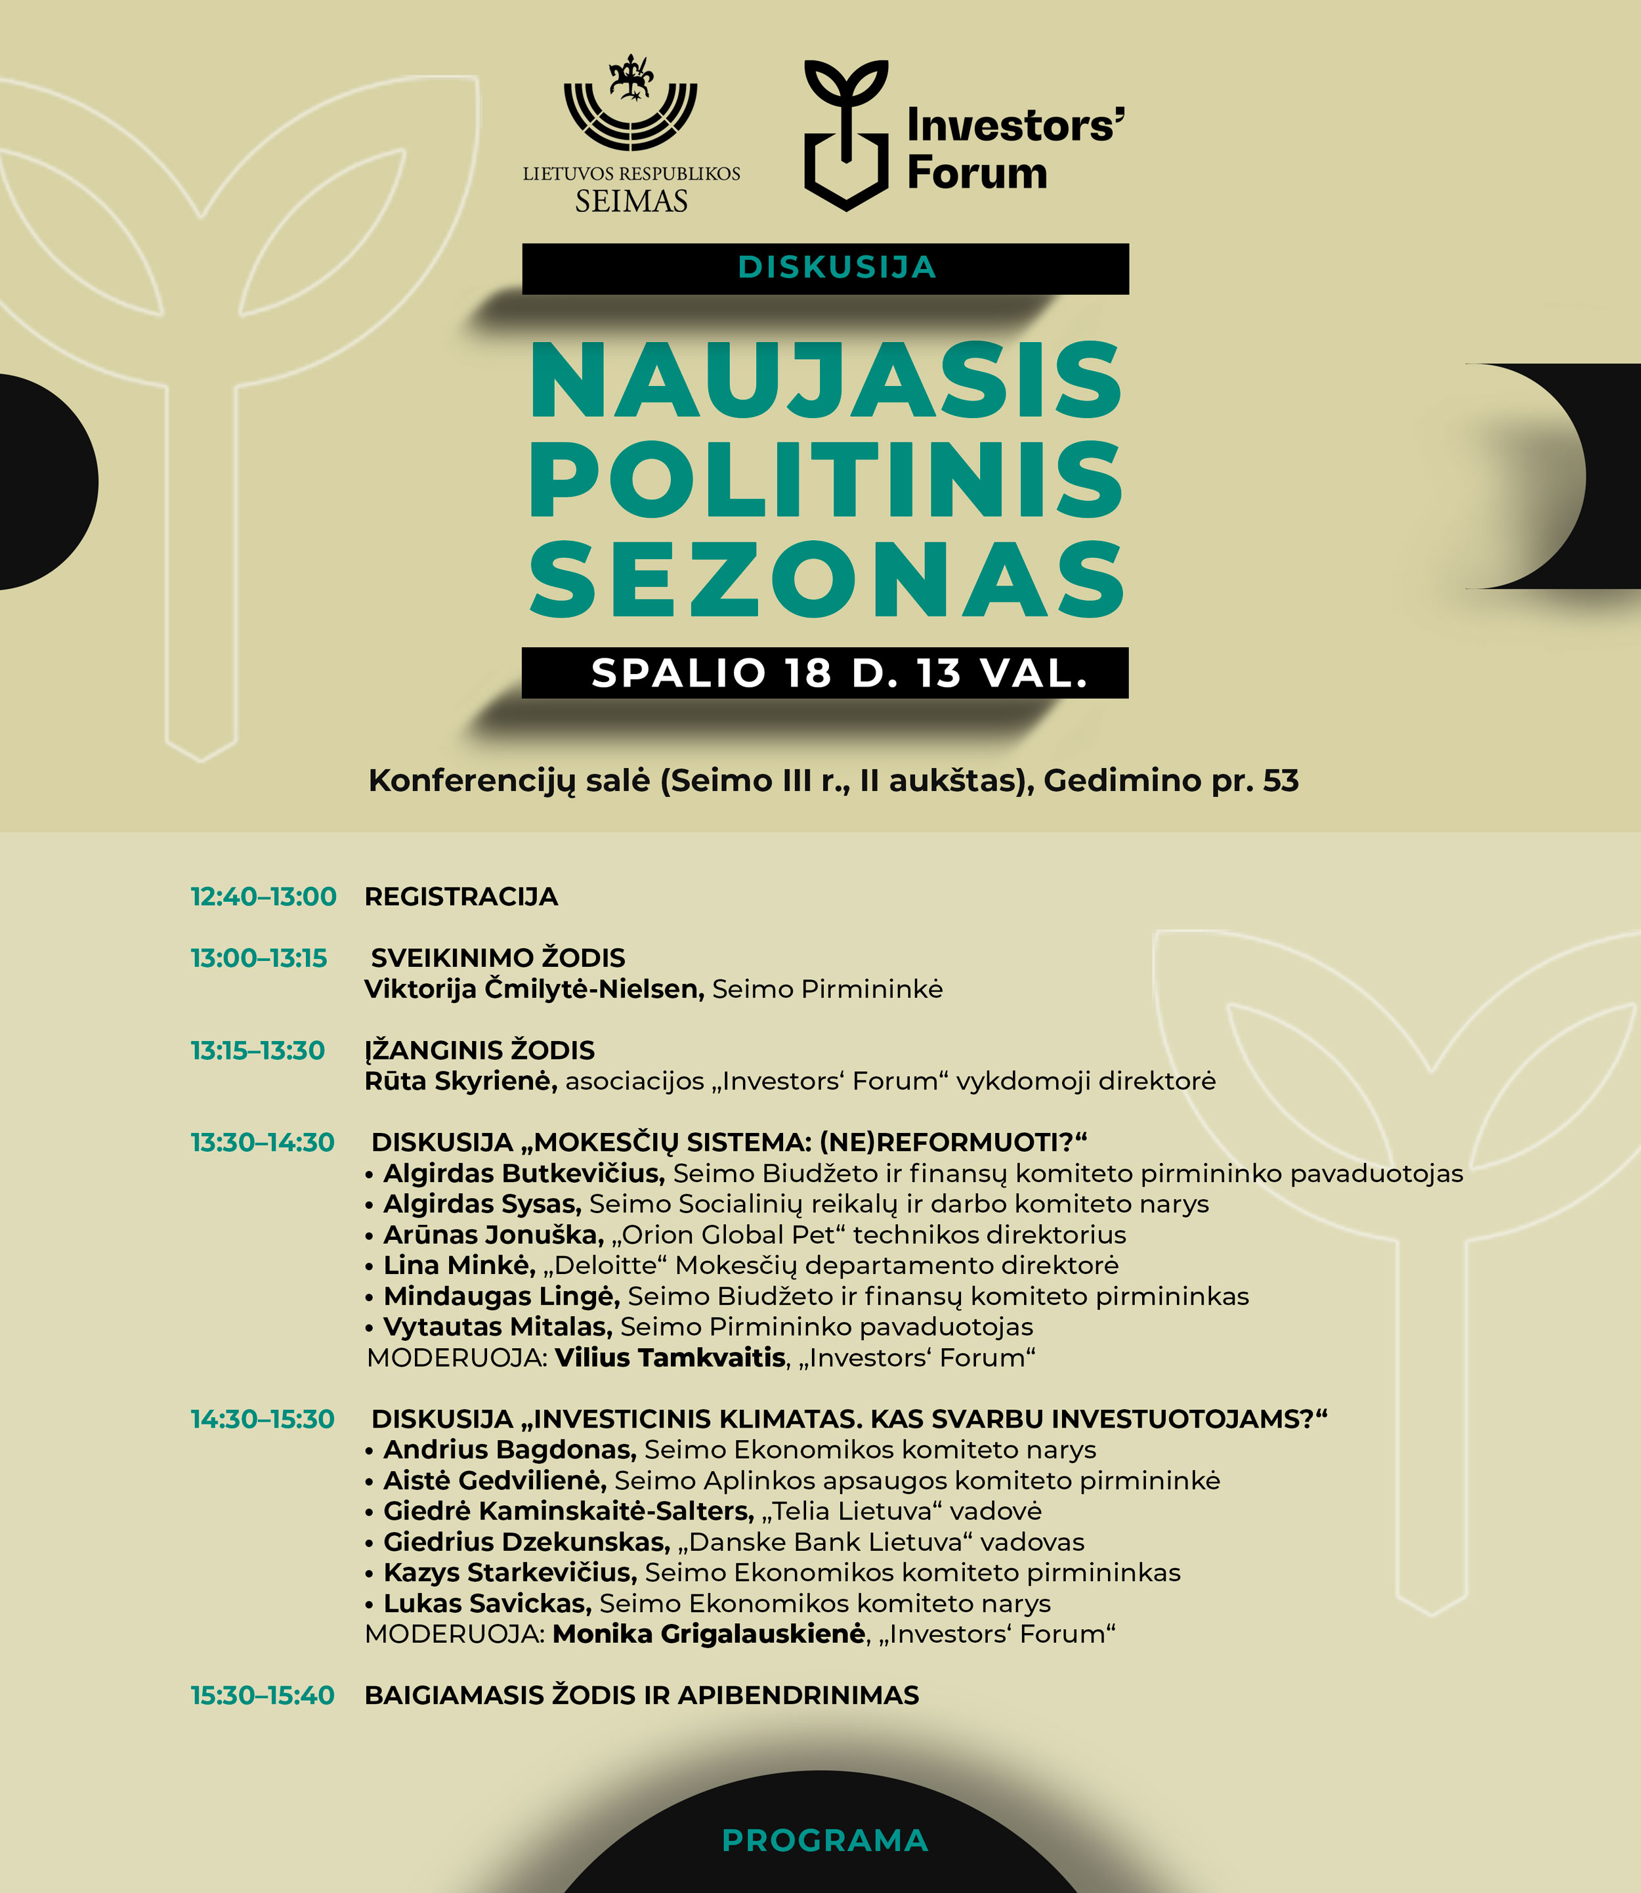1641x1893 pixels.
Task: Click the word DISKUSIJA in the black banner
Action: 837,267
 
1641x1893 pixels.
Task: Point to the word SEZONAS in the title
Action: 826,580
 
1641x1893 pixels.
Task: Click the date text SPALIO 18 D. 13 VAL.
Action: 839,673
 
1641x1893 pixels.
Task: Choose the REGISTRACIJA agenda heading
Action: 461,897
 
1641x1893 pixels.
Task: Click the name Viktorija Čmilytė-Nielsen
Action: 534,989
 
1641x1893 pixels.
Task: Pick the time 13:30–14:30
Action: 263,1142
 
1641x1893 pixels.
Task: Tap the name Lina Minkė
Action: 459,1265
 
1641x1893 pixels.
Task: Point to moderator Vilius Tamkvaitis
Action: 670,1357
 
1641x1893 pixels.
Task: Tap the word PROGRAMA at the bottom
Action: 825,1840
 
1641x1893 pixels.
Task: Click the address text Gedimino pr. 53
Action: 1170,780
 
